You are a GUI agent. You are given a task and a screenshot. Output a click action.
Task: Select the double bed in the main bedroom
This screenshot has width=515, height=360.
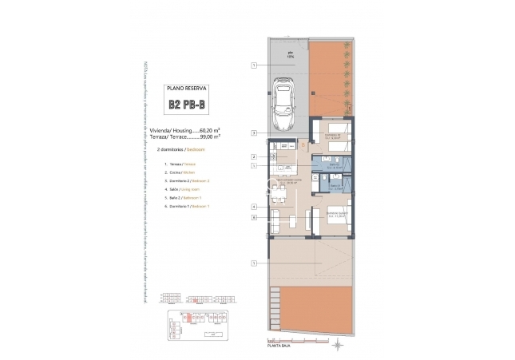tap(336, 220)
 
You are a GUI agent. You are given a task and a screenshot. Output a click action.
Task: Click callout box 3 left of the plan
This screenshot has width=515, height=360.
tap(253, 133)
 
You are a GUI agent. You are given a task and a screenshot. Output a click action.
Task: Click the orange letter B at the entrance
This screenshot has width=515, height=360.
tap(304, 145)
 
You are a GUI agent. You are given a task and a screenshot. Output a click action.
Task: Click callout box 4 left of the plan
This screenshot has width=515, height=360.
tap(253, 207)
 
